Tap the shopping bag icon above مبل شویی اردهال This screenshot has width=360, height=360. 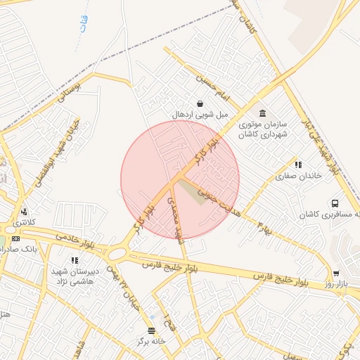coord(200,104)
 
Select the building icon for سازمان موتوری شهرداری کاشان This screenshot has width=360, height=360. coord(263,114)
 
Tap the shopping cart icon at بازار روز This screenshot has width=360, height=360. coord(336,274)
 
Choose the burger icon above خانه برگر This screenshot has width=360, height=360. coord(151,330)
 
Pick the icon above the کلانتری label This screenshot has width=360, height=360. coord(25,211)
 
